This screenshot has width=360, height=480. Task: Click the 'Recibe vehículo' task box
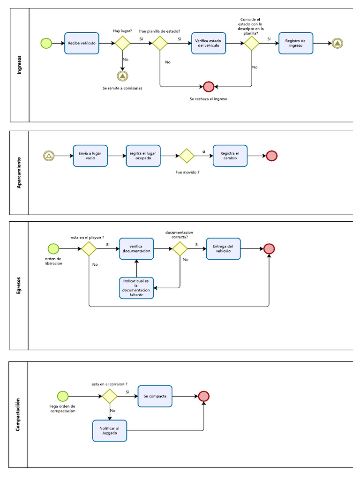pos(82,43)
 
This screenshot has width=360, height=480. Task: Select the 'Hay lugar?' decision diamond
pos(122,43)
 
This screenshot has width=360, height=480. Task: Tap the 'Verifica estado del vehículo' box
pos(209,43)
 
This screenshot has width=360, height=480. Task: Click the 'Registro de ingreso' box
pos(295,43)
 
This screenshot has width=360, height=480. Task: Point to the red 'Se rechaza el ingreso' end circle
pos(209,87)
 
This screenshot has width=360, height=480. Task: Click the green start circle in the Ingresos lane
pos(46,43)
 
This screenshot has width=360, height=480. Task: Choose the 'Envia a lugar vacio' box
pos(90,156)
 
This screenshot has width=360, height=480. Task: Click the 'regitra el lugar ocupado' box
pos(143,156)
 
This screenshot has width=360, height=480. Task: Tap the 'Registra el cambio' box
pos(230,156)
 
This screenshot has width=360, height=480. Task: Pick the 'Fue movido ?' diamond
pos(186,156)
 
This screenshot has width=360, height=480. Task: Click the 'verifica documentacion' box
pos(136,248)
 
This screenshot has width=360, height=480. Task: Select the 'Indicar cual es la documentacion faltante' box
pos(136,288)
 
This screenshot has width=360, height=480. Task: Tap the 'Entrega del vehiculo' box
pos(223,248)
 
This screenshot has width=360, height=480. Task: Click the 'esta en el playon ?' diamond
pos(89,248)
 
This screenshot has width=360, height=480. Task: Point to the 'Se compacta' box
pos(155,396)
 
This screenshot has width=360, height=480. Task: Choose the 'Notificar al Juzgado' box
pos(110,430)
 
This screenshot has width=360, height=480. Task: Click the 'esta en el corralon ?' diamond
pos(110,396)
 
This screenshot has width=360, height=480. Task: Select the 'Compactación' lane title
pos(18,415)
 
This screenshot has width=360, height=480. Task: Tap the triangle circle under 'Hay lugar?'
pos(122,75)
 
